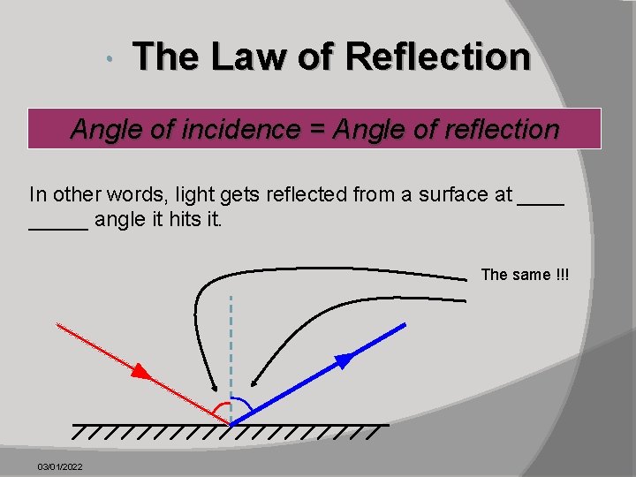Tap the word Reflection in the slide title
coord(438,57)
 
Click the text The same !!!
coord(526,275)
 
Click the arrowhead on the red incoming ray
coord(141,371)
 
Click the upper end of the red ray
coord(58,325)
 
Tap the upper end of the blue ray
coord(405,325)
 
